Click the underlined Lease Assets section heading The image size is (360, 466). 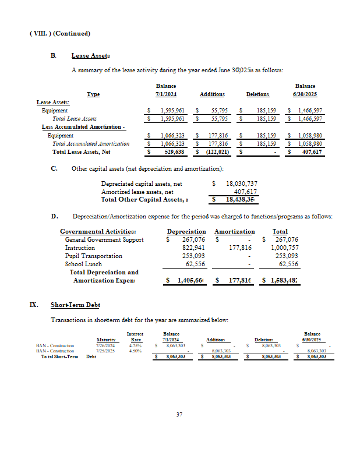point(90,55)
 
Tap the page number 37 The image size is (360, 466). point(180,415)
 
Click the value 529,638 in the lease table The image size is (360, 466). point(172,152)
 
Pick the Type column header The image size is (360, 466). point(93,94)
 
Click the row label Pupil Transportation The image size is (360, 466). point(94,256)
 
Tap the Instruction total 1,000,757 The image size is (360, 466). point(284,248)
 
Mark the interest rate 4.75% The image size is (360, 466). point(135,345)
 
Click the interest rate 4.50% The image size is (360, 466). point(135,351)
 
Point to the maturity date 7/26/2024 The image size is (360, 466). point(105,345)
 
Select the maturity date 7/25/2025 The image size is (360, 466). point(105,351)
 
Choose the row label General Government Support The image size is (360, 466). point(104,239)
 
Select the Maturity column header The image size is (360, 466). point(105,340)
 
